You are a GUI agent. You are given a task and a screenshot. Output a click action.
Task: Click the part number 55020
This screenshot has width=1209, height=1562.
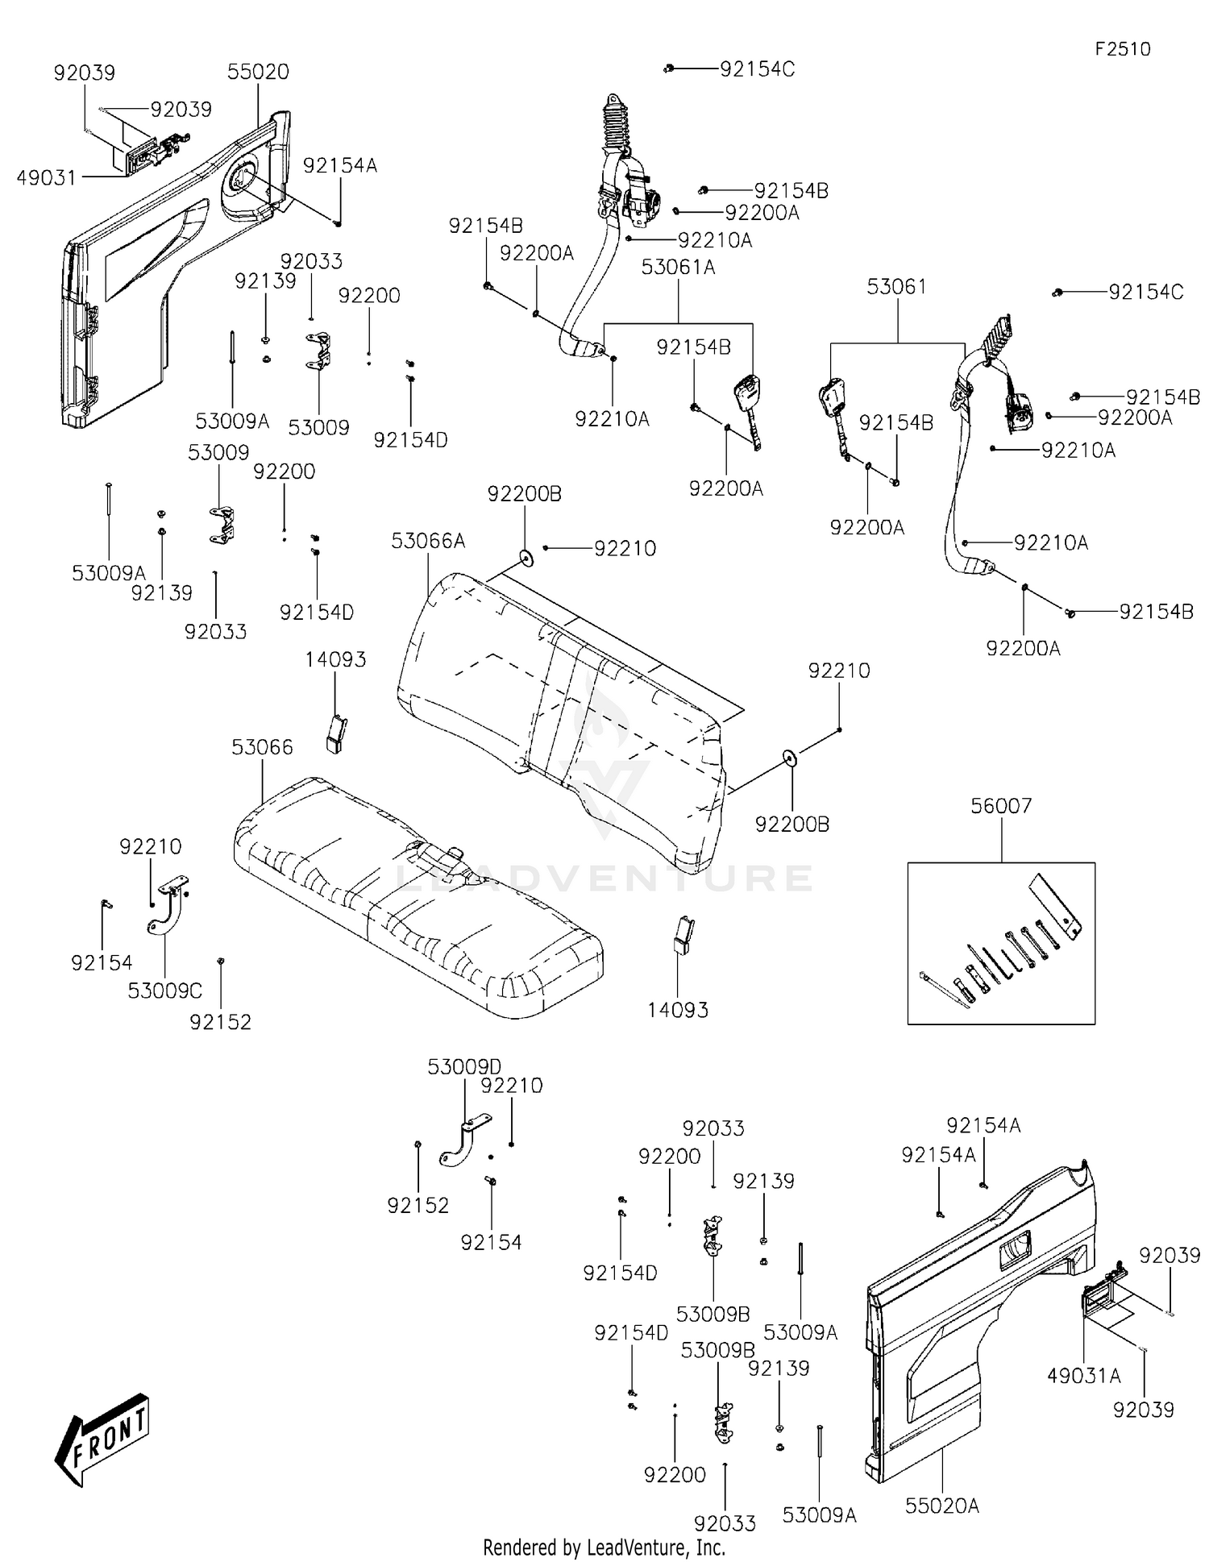(x=258, y=72)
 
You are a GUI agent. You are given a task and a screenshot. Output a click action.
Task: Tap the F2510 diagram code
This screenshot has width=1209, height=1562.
(x=1122, y=49)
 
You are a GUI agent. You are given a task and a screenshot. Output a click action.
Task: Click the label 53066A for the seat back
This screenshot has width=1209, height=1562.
(x=428, y=541)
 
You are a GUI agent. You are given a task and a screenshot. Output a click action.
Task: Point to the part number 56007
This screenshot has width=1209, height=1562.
(x=1001, y=805)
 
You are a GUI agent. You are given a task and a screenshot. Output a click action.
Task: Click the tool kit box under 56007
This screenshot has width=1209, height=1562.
(x=1001, y=943)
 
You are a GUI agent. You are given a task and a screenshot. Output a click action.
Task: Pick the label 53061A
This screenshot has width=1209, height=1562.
(x=678, y=267)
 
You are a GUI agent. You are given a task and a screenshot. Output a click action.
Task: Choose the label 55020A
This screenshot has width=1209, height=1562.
(x=941, y=1505)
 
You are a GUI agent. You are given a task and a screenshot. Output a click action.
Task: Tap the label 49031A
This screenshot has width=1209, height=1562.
(x=1083, y=1375)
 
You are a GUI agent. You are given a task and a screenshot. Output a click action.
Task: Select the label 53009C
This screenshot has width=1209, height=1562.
(x=164, y=990)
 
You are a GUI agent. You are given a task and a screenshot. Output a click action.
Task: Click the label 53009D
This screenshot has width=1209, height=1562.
(x=463, y=1067)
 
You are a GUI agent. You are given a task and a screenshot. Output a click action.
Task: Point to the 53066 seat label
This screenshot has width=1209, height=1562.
(x=262, y=747)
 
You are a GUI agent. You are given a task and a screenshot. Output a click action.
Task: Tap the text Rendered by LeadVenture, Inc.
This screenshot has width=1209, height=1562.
(x=604, y=1547)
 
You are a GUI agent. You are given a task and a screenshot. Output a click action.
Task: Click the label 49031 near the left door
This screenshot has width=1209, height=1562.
(x=47, y=177)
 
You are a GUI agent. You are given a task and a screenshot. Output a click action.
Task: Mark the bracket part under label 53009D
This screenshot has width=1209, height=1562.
(x=463, y=1139)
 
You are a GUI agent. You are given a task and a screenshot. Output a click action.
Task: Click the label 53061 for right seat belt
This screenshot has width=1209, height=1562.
(x=896, y=287)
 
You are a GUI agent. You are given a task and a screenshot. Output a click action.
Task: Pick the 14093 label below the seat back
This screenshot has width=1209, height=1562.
(x=677, y=1009)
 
